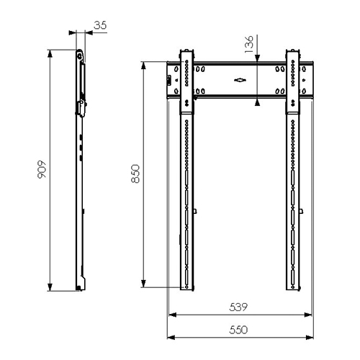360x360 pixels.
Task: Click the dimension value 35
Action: (100, 25)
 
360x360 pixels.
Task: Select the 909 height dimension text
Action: (42, 169)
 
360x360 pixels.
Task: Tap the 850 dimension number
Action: (135, 174)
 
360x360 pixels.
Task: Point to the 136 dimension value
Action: (248, 44)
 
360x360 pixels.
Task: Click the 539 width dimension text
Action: (238, 307)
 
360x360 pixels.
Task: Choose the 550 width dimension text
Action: (238, 330)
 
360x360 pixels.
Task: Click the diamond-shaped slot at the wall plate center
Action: (240, 80)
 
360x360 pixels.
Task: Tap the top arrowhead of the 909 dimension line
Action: (50, 54)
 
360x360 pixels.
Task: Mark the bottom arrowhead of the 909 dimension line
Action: (50, 287)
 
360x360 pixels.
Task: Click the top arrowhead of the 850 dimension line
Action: (143, 66)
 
